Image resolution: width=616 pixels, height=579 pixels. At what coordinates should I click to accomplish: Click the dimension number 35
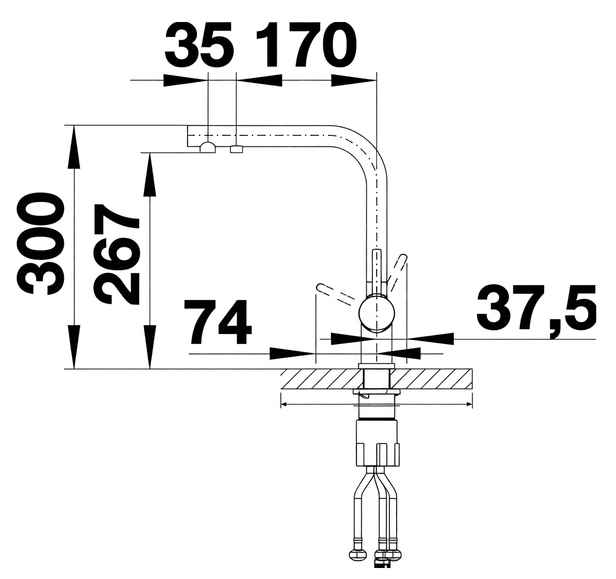200,45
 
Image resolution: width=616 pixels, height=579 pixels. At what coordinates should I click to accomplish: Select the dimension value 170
306,45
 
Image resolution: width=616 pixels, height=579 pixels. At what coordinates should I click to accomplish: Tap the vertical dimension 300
39,243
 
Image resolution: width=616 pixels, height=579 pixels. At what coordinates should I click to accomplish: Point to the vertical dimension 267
116,254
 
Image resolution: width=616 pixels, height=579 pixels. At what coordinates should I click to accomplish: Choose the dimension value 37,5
536,310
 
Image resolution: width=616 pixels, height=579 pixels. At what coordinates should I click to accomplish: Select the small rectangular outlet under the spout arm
237,149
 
